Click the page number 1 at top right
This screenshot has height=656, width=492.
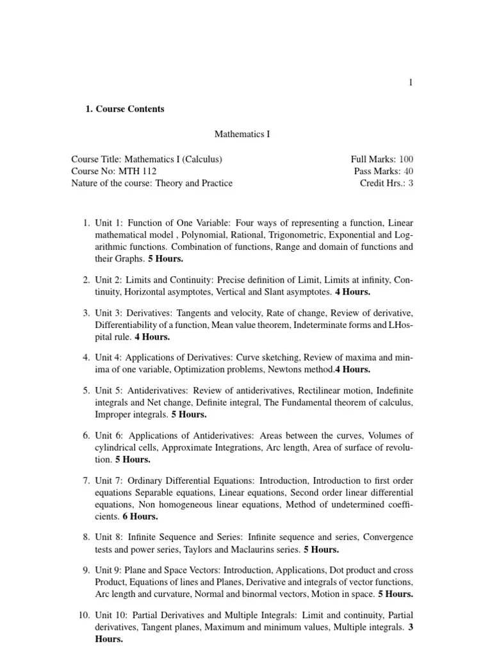click(411, 82)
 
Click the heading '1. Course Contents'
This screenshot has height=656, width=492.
click(125, 109)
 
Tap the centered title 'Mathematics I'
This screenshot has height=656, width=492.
click(242, 135)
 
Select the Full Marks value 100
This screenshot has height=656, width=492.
click(406, 159)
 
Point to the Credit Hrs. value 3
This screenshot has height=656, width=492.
click(411, 183)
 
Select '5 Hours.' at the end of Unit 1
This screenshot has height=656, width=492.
click(166, 259)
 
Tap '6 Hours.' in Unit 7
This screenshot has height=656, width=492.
click(140, 516)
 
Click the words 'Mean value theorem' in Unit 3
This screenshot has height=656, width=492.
click(250, 324)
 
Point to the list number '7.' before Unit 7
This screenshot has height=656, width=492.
click(86, 480)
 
